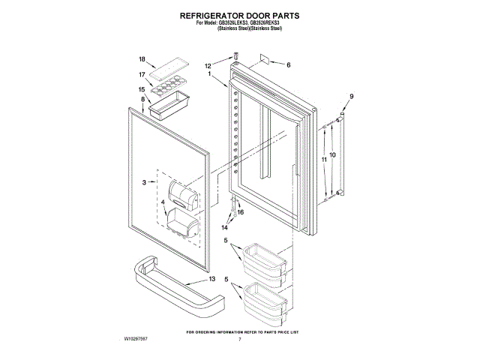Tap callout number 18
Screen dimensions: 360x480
(141, 59)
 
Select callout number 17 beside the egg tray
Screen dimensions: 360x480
(141, 74)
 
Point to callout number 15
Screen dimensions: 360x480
(141, 89)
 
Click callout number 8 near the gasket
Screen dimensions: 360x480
(142, 99)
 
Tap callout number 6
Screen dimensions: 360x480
(288, 64)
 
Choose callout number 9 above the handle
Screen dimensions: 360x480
(350, 96)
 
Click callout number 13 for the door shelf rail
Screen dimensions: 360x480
(212, 278)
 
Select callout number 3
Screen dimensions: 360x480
(145, 182)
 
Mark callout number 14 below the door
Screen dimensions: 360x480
(224, 226)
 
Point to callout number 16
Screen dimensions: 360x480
(241, 212)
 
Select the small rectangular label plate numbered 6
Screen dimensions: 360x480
(265, 57)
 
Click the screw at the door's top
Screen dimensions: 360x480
(235, 55)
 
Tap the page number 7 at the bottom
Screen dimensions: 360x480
(239, 340)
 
